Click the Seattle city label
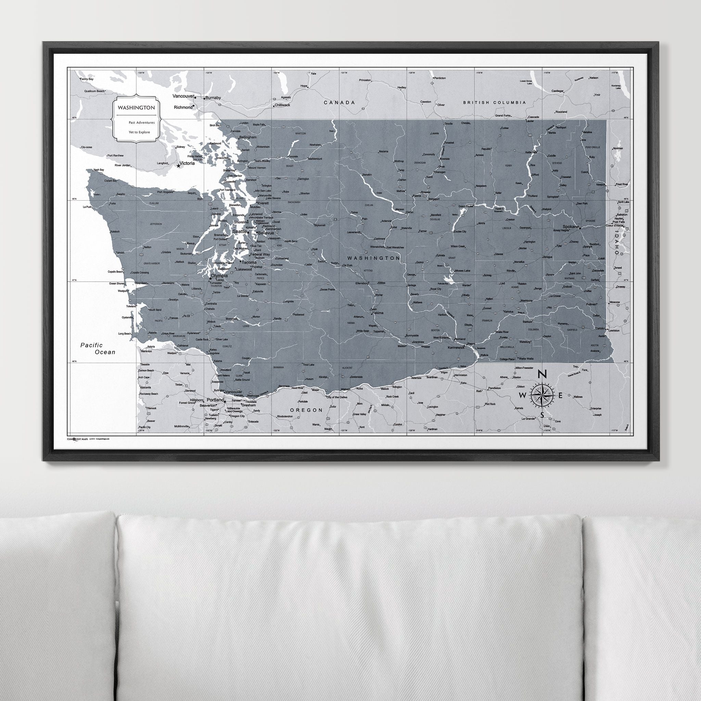click(240, 231)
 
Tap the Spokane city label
click(570, 227)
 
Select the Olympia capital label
click(220, 276)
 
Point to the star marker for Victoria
click(178, 166)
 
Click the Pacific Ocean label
click(98, 348)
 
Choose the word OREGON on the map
click(306, 410)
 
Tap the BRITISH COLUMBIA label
click(494, 103)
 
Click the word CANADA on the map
click(339, 103)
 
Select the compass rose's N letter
click(542, 374)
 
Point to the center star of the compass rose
click(542, 395)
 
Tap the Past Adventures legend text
click(141, 123)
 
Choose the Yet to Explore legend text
click(139, 132)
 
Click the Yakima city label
click(377, 313)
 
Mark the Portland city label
click(215, 400)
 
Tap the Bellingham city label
click(247, 138)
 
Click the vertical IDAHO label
click(616, 243)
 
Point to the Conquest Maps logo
click(77, 439)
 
